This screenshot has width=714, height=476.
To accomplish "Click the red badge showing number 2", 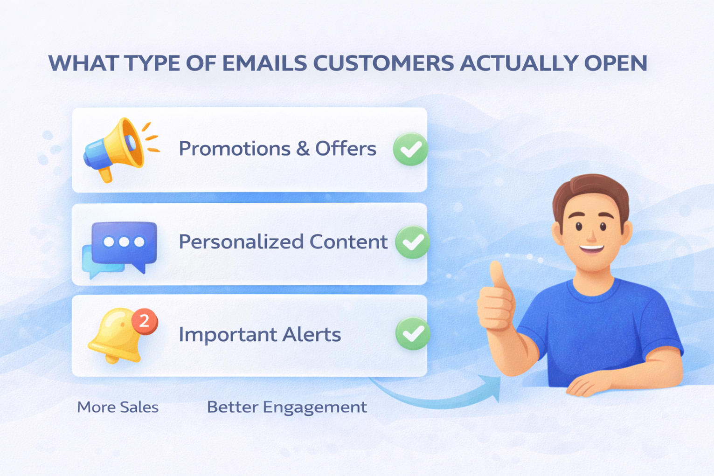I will pyautogui.click(x=145, y=321).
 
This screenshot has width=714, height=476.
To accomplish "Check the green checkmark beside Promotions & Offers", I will pyautogui.click(x=410, y=149).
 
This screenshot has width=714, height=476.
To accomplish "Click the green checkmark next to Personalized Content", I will pyautogui.click(x=412, y=242).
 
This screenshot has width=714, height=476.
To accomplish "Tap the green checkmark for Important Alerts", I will pyautogui.click(x=413, y=333).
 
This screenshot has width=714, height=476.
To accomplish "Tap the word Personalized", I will pyautogui.click(x=241, y=241).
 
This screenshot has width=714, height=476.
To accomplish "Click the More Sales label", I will pyautogui.click(x=118, y=407).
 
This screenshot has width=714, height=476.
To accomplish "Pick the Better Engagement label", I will pyautogui.click(x=287, y=407).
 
